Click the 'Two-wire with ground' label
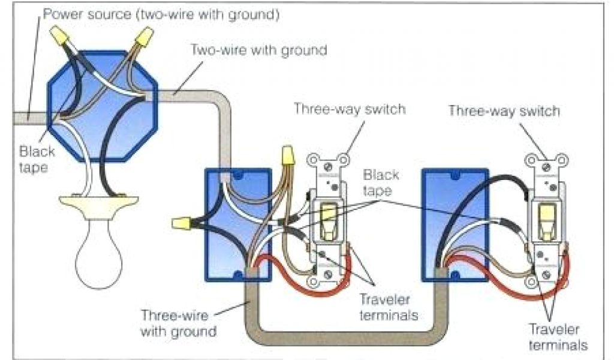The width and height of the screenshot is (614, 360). (x=259, y=50)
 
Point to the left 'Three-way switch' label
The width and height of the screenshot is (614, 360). (x=349, y=109)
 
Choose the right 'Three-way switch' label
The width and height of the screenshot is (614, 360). (x=504, y=111)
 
